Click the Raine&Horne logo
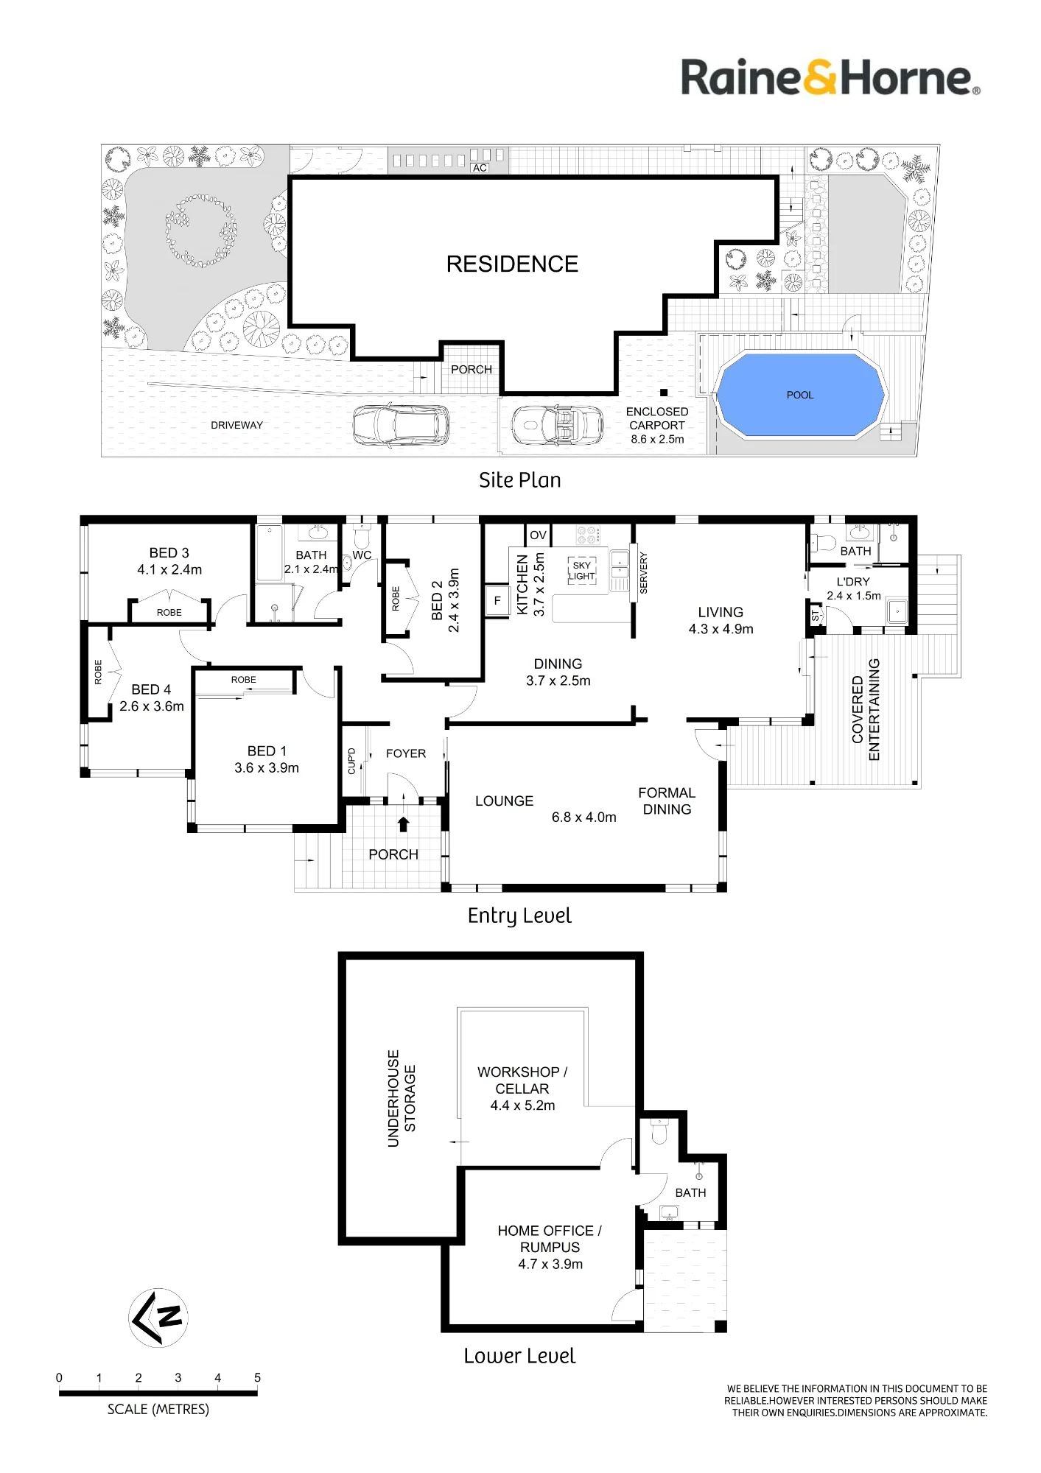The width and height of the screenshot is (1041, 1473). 830,77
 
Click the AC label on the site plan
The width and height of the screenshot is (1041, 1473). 480,168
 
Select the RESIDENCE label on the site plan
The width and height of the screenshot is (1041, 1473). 512,264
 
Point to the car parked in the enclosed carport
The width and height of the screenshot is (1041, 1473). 558,425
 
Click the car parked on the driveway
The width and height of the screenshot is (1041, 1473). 401,425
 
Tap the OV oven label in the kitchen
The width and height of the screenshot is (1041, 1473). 539,535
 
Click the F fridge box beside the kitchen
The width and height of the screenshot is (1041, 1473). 497,600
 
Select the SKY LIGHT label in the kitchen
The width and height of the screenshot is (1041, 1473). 581,571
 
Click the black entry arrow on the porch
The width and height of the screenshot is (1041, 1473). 404,824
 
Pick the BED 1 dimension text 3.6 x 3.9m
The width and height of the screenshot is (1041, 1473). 267,767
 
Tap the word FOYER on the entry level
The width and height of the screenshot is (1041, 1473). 406,753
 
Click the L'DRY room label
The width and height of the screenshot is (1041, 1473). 853,581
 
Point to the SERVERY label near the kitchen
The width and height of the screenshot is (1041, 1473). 643,573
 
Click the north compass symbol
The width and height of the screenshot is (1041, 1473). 158,1318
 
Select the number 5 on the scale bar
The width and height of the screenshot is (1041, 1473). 257,1377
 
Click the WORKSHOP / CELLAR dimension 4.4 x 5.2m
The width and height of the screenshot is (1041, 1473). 523,1105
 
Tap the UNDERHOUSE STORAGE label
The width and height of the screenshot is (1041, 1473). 402,1098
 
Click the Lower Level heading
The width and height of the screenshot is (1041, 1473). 519,1356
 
